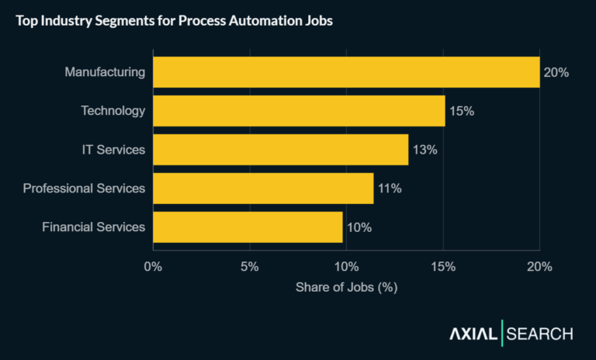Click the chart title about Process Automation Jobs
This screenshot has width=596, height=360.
tap(175, 21)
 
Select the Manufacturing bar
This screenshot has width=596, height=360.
tap(346, 72)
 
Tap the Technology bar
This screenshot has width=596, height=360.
tap(299, 111)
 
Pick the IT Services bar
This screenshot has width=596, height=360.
tap(280, 150)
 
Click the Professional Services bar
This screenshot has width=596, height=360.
tap(263, 189)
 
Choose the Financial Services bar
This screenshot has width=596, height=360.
tap(248, 227)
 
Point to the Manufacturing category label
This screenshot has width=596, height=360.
tap(105, 72)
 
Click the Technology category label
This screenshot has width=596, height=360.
tap(113, 111)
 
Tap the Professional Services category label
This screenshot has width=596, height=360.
tap(84, 189)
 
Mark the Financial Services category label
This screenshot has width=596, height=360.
tap(93, 227)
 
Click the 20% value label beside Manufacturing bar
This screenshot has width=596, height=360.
tap(556, 72)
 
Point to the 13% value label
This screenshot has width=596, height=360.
tap(424, 150)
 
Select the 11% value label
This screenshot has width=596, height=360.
tap(389, 189)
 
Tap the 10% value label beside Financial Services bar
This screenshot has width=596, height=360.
tap(359, 227)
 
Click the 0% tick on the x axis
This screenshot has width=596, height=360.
tap(153, 267)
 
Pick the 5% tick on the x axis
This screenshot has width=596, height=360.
tap(249, 267)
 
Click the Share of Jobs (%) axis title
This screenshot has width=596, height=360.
tap(346, 287)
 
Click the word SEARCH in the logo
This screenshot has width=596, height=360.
tap(540, 334)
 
